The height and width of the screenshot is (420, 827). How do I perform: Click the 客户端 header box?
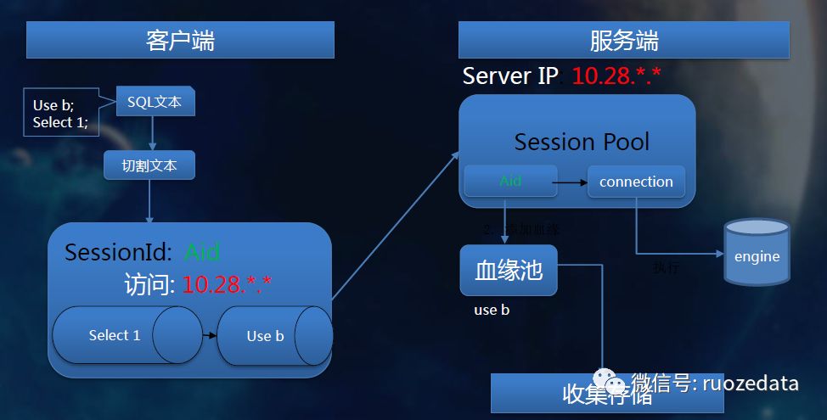pos(180,40)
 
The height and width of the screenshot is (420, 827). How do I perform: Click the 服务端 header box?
pos(623,40)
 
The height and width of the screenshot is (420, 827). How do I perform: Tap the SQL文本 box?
pos(155,102)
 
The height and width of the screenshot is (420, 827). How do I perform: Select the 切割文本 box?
pos(149,165)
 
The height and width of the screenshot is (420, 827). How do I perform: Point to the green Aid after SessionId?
pos(202,252)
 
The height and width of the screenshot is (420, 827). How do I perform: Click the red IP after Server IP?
pos(616,76)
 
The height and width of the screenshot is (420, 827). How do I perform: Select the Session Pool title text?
pos(582,142)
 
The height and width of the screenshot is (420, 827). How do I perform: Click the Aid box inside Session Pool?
pos(510,182)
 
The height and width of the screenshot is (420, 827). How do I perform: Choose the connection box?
pos(636,182)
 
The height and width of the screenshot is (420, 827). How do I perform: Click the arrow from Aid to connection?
pos(572,182)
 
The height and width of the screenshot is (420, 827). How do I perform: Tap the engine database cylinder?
pos(757,252)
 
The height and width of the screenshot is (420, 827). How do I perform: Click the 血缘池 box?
pos(509,271)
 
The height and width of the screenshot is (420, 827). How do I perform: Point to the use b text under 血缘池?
pos(492,310)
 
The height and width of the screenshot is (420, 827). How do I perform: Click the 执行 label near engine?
pos(666,268)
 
